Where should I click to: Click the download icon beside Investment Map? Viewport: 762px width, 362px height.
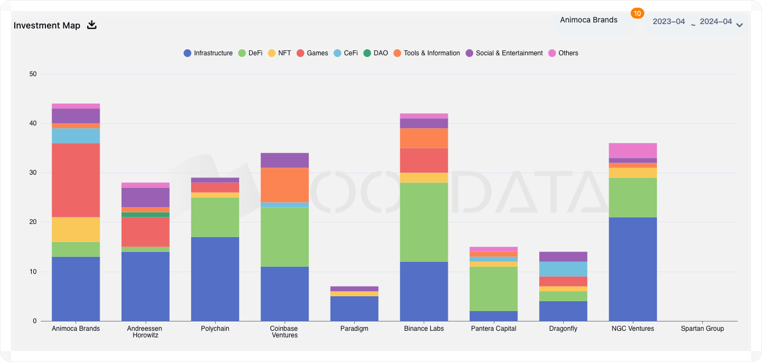pyautogui.click(x=92, y=25)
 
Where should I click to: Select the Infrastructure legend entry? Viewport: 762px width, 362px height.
pyautogui.click(x=208, y=53)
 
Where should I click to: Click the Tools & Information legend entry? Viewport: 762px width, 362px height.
pyautogui.click(x=426, y=53)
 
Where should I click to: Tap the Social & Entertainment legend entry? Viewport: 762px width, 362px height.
pyautogui.click(x=504, y=53)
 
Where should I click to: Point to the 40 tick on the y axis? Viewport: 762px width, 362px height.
pyautogui.click(x=32, y=124)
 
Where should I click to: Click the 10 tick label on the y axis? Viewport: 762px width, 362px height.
pyautogui.click(x=32, y=272)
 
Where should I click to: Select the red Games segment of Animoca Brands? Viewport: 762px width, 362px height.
pyautogui.click(x=76, y=180)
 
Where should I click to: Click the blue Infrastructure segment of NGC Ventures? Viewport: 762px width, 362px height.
pyautogui.click(x=633, y=269)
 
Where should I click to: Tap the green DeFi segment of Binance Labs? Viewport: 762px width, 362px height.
pyautogui.click(x=424, y=222)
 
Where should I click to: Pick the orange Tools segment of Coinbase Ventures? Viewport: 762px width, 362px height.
pyautogui.click(x=285, y=185)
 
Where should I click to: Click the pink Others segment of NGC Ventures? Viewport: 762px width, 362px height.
pyautogui.click(x=633, y=151)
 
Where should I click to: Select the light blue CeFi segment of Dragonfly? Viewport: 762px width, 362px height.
pyautogui.click(x=563, y=269)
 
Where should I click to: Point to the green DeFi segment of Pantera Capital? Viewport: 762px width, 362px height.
pyautogui.click(x=494, y=289)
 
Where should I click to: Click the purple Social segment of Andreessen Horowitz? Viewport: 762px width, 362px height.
pyautogui.click(x=145, y=197)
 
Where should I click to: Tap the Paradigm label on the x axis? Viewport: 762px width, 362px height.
pyautogui.click(x=354, y=329)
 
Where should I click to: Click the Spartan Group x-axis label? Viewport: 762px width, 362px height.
pyautogui.click(x=702, y=329)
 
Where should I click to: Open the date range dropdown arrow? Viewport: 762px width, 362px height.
pyautogui.click(x=740, y=25)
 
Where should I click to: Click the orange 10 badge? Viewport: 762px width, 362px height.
pyautogui.click(x=637, y=13)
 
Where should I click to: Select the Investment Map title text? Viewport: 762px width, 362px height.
pyautogui.click(x=47, y=25)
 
